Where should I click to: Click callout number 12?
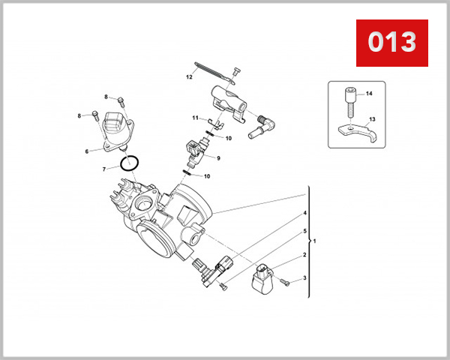[x=190, y=77]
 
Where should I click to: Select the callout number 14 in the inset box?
[x=369, y=94]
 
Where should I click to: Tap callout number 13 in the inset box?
[x=371, y=119]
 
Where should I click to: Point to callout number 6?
[x=87, y=151]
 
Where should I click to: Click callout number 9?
[x=217, y=158]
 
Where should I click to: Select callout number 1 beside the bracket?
[x=315, y=241]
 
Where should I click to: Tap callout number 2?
[x=304, y=255]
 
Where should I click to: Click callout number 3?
[x=304, y=278]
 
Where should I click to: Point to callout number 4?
[x=304, y=214]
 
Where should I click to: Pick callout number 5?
[x=304, y=232]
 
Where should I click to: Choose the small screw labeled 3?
[x=287, y=282]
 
